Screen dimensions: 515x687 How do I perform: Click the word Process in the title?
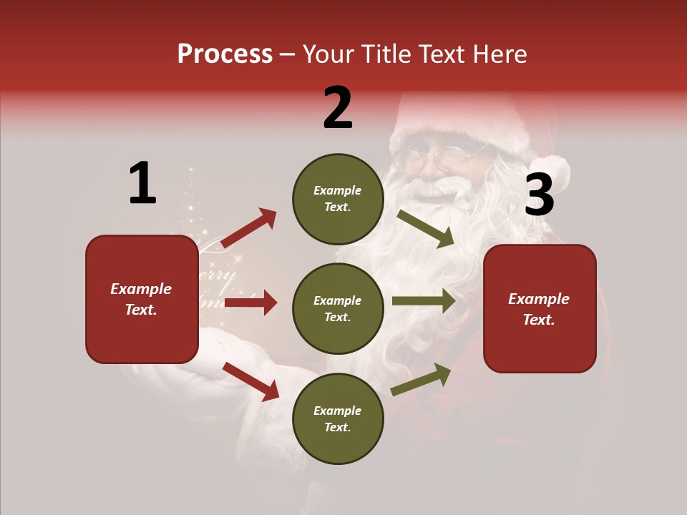pyautogui.click(x=225, y=54)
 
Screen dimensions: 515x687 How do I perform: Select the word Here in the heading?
pyautogui.click(x=498, y=54)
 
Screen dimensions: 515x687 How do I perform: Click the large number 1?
pyautogui.click(x=142, y=184)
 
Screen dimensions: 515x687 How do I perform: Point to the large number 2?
pyautogui.click(x=338, y=108)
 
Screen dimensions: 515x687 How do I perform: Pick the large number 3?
pyautogui.click(x=539, y=195)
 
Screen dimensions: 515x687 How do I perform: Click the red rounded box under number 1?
pyautogui.click(x=142, y=299)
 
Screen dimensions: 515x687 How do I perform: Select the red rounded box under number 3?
pyautogui.click(x=540, y=308)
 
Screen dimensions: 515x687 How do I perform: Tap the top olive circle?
pyautogui.click(x=338, y=199)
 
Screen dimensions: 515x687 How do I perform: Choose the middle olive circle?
pyautogui.click(x=338, y=308)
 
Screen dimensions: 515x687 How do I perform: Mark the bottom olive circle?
pyautogui.click(x=338, y=418)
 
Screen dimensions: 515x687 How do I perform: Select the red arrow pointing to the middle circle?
pyautogui.click(x=250, y=303)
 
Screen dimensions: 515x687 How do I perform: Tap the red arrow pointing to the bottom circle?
pyautogui.click(x=250, y=381)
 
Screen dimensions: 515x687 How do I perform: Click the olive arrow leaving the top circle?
pyautogui.click(x=425, y=228)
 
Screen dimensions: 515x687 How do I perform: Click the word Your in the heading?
pyautogui.click(x=329, y=54)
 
